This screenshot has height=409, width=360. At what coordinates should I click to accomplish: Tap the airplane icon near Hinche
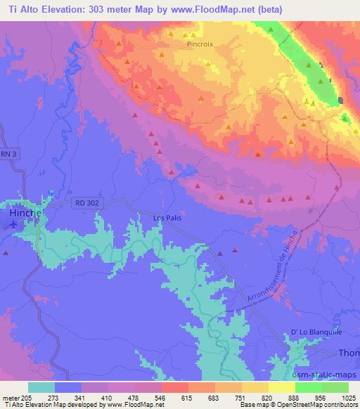click(13, 224)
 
